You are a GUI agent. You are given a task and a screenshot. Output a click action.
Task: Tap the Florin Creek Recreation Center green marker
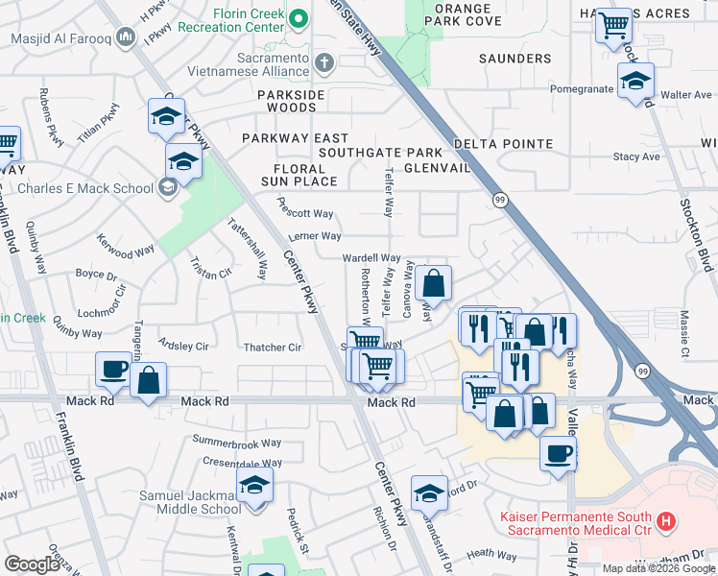tap(299, 18)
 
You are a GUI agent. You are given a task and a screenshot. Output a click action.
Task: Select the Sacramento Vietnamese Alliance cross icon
tap(325, 64)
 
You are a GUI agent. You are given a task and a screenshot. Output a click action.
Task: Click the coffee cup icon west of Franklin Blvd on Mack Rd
tap(114, 369)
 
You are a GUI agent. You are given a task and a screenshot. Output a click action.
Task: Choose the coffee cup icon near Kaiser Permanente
tap(558, 453)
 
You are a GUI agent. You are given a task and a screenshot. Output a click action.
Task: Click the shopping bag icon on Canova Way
tap(433, 283)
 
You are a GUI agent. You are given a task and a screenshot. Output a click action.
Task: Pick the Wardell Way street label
tap(371, 258)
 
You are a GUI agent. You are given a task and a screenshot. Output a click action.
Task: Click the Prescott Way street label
tap(304, 208)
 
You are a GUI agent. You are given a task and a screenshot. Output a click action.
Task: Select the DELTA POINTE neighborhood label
tap(504, 145)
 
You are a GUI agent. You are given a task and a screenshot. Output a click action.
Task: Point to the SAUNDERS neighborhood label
tap(515, 59)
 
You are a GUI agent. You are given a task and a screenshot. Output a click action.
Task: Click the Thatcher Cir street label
tap(273, 348)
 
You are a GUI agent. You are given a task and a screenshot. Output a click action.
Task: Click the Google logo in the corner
tap(32, 564)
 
